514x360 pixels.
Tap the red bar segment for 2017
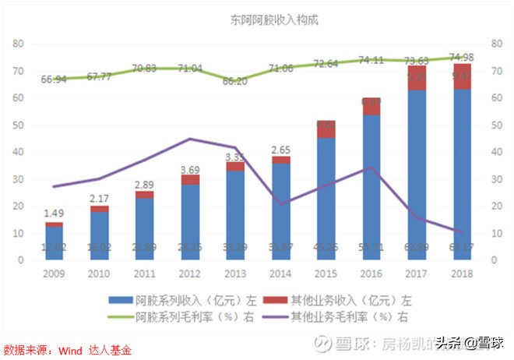416,78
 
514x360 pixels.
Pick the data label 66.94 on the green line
54,79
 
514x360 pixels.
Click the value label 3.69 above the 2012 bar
190,168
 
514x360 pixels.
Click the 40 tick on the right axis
496,153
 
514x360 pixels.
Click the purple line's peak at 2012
190,139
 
